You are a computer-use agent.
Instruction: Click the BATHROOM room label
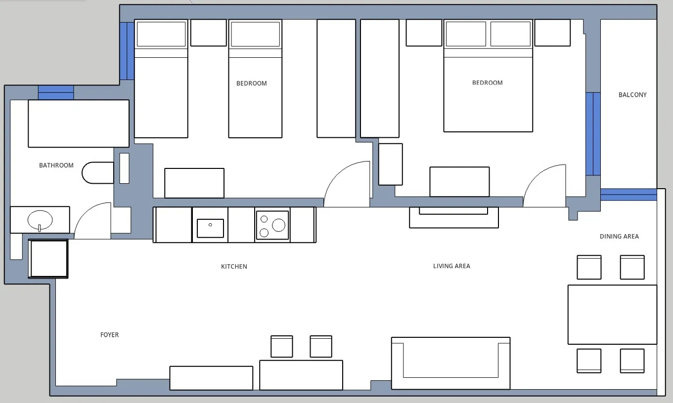click(56, 165)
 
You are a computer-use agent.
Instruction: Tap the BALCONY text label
click(632, 95)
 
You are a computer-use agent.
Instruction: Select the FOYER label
click(109, 335)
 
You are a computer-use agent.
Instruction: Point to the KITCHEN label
click(234, 267)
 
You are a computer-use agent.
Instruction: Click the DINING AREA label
click(619, 237)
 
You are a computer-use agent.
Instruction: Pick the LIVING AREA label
click(451, 266)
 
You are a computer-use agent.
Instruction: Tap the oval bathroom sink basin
click(40, 220)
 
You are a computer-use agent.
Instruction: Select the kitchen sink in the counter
click(210, 228)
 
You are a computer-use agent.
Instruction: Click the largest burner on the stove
click(278, 225)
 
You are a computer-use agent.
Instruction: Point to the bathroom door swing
click(93, 221)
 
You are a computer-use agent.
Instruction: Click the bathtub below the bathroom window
click(79, 123)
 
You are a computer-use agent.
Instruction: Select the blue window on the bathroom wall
click(56, 92)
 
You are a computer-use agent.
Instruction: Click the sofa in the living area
click(450, 363)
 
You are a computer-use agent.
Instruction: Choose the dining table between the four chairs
click(612, 314)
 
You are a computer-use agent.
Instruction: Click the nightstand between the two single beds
click(208, 33)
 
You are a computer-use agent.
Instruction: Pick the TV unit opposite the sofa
click(453, 217)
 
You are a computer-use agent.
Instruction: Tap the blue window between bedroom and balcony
click(593, 134)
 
